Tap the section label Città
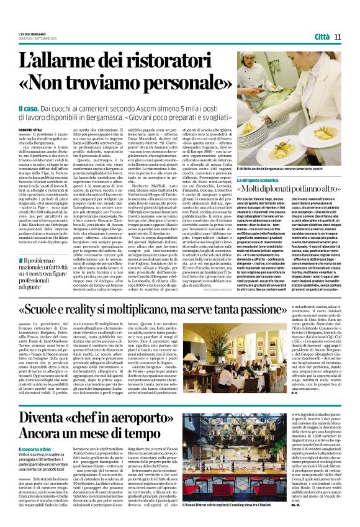point(321,37)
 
